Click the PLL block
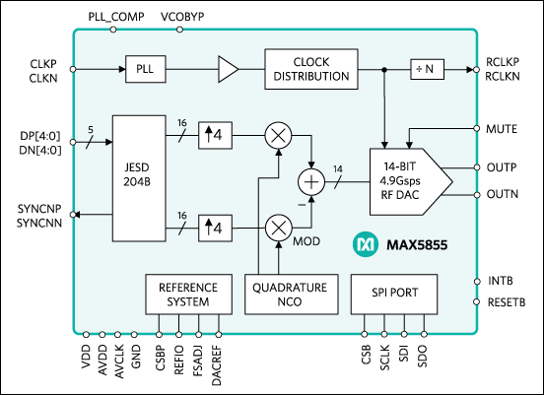(143, 70)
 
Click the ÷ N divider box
(428, 70)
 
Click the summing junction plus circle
(311, 181)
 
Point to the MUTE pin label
(504, 128)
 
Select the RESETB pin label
(507, 304)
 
